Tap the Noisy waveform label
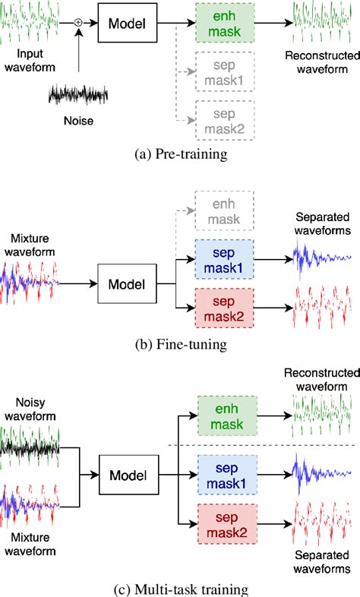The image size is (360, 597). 31,408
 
